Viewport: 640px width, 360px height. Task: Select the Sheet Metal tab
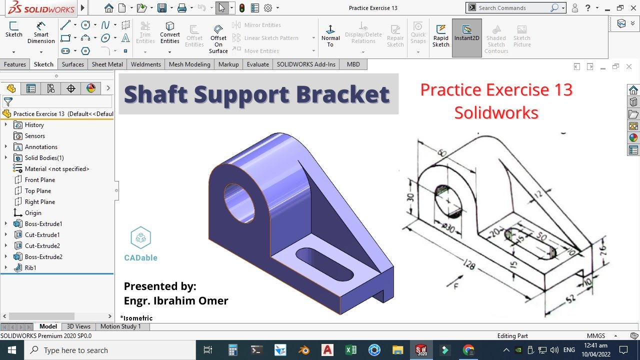point(107,64)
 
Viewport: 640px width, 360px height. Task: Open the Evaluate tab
point(257,64)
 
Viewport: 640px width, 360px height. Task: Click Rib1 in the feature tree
point(30,267)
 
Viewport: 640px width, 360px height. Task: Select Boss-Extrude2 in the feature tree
point(43,256)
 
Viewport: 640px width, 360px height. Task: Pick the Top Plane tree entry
point(37,190)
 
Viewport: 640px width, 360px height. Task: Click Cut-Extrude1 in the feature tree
point(42,234)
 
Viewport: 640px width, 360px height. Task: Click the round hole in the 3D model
point(238,202)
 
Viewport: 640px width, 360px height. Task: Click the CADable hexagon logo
point(140,238)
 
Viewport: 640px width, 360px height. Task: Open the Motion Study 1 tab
point(120,326)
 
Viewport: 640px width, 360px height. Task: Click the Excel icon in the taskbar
point(350,350)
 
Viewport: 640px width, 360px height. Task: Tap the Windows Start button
point(11,350)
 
